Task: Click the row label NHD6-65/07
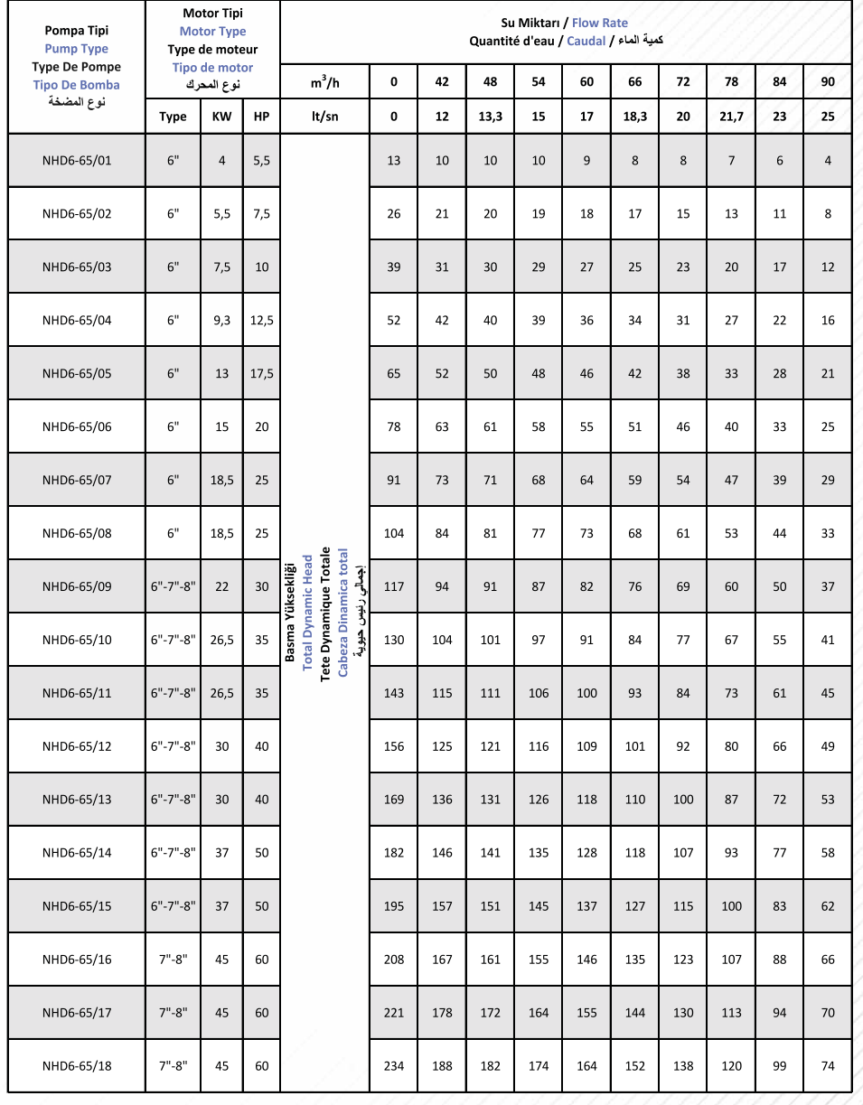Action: point(77,480)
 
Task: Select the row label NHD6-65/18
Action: point(77,1066)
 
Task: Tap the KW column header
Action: point(221,117)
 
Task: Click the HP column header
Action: point(261,117)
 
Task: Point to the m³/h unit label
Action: point(325,82)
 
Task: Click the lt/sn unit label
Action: point(325,117)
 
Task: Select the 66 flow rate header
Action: point(634,82)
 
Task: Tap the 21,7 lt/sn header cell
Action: point(731,117)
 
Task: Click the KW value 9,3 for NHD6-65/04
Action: point(221,320)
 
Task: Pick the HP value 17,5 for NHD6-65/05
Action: point(261,373)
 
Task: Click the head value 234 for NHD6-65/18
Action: point(393,1066)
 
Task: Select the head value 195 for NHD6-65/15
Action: point(393,906)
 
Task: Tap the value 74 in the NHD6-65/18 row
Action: point(828,1066)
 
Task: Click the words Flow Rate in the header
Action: point(600,23)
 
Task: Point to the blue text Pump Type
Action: point(76,49)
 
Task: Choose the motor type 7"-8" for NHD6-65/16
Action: point(173,960)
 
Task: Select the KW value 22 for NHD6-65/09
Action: point(221,586)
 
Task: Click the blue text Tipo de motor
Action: point(212,68)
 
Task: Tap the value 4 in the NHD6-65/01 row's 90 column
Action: point(828,161)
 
